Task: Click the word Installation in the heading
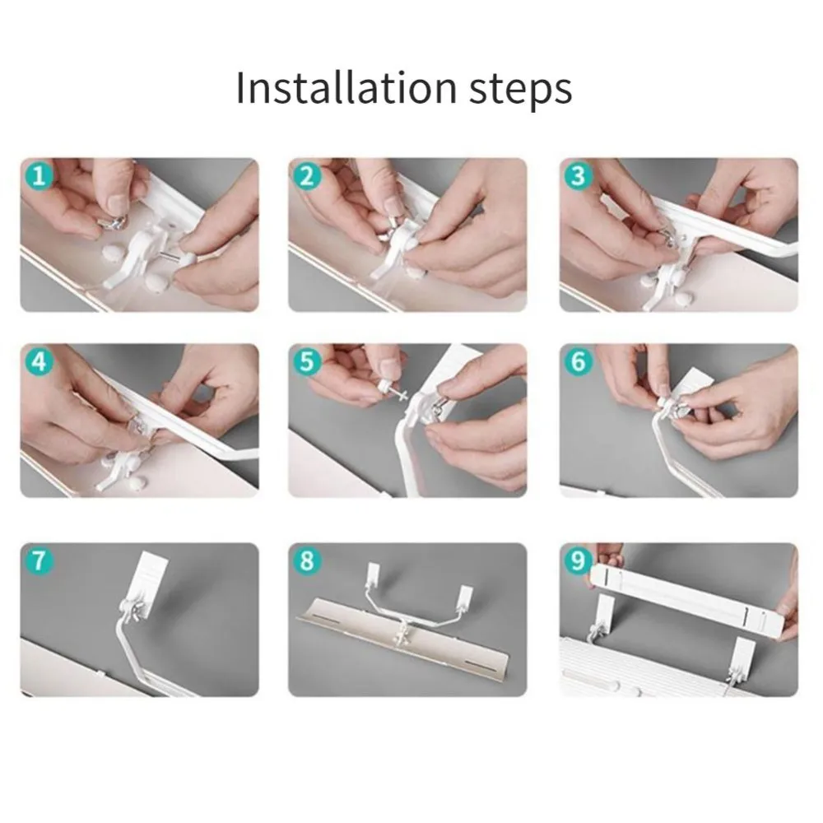pyautogui.click(x=346, y=87)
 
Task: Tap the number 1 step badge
pyautogui.click(x=40, y=176)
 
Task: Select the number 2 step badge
pyautogui.click(x=307, y=176)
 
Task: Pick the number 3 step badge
pyautogui.click(x=578, y=176)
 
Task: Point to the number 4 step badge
pyautogui.click(x=40, y=361)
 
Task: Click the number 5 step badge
pyautogui.click(x=307, y=361)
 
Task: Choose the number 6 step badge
pyautogui.click(x=578, y=361)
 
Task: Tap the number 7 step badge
pyautogui.click(x=40, y=560)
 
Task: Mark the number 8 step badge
pyautogui.click(x=307, y=560)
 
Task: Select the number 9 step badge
pyautogui.click(x=578, y=560)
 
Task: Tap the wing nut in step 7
pyautogui.click(x=136, y=609)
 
